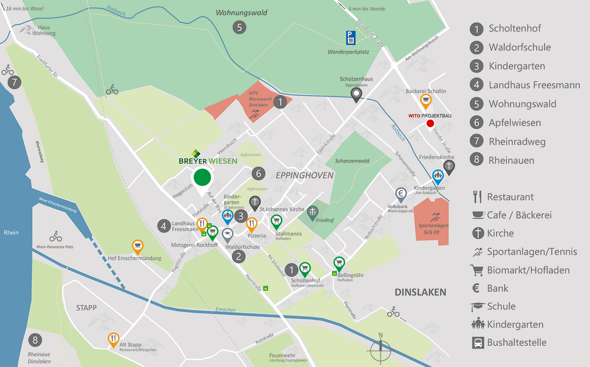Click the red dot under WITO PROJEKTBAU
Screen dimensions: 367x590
click(x=430, y=123)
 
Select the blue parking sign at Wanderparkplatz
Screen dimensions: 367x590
click(x=351, y=38)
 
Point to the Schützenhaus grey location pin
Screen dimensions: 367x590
click(x=357, y=94)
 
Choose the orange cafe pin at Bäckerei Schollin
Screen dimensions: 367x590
click(x=426, y=101)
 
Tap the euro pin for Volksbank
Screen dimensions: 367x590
click(x=401, y=194)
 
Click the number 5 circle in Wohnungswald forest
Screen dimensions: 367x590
click(x=239, y=27)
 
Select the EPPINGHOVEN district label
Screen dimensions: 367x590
click(x=304, y=175)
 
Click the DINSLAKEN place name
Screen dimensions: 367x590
click(x=420, y=292)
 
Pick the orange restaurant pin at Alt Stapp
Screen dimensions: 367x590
click(x=113, y=339)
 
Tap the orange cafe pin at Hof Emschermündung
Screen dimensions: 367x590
click(x=138, y=246)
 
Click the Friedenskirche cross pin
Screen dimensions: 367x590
click(x=449, y=166)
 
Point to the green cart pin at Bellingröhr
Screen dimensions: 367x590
click(x=339, y=264)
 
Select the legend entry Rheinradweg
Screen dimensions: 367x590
click(x=517, y=142)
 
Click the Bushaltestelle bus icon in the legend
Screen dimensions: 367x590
click(x=478, y=343)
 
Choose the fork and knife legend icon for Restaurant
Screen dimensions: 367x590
click(x=477, y=197)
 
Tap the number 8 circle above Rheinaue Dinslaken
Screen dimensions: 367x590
click(x=35, y=340)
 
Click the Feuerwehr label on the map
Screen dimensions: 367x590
click(x=282, y=355)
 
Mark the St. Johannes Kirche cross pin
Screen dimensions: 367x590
click(x=255, y=202)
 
